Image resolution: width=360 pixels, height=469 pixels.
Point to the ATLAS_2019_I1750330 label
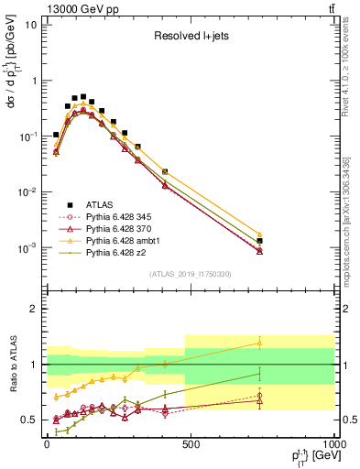189,273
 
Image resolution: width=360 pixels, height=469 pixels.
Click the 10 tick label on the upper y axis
28,25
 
